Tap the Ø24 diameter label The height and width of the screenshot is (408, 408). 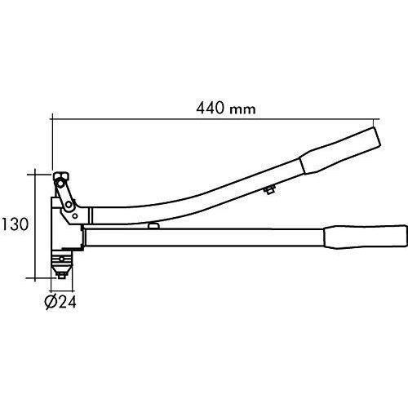(61, 302)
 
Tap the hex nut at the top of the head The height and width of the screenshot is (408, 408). (60, 176)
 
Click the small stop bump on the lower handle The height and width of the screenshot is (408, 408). (152, 225)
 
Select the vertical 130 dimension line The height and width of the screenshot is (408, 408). (35, 224)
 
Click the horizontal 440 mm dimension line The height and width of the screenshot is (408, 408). (212, 118)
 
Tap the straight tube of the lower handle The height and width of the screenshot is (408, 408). (204, 237)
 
